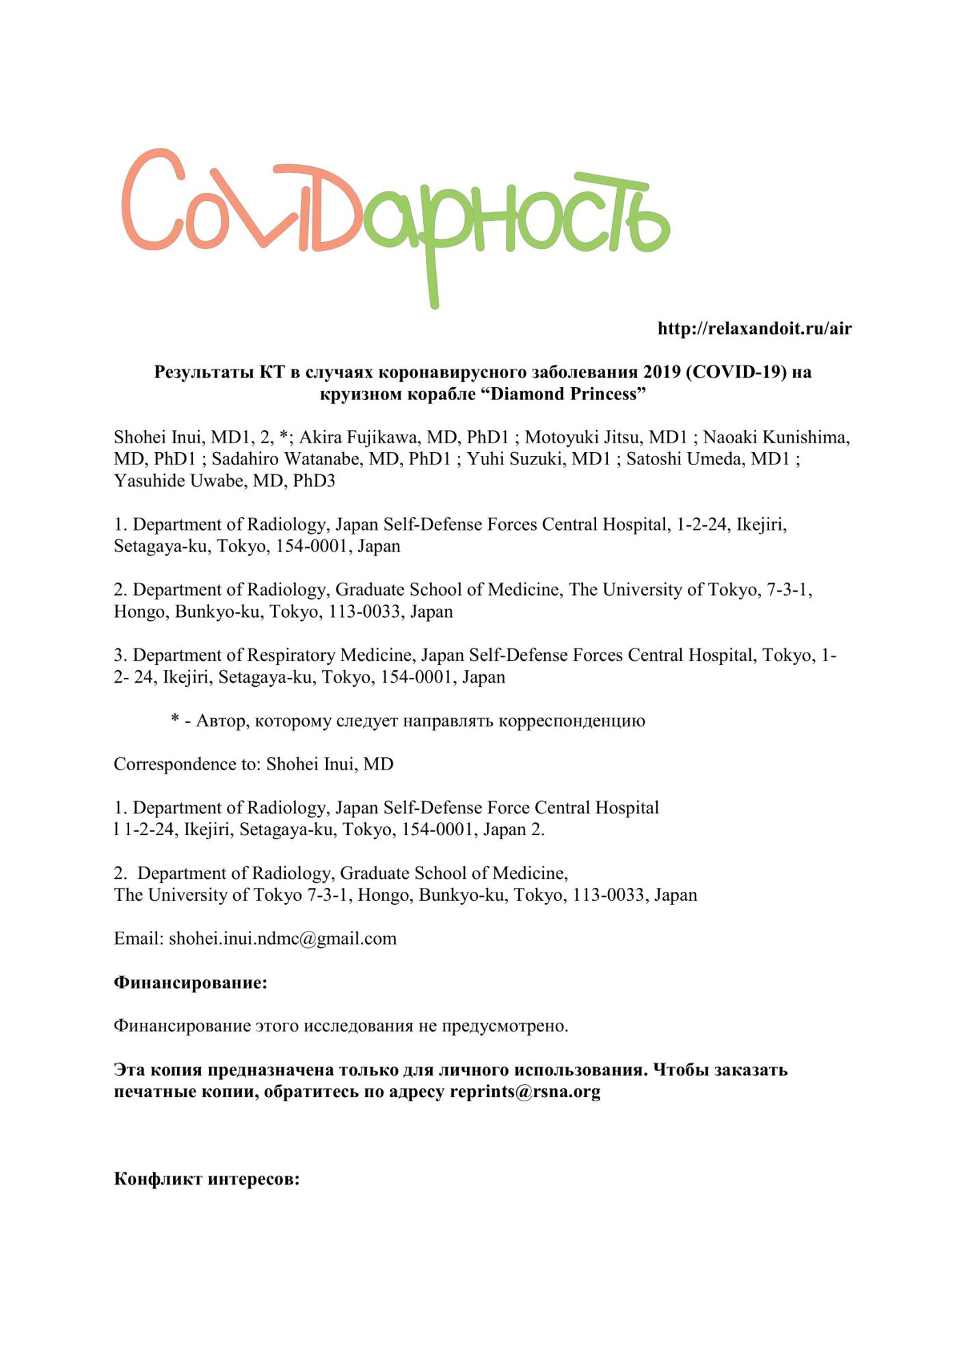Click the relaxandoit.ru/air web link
coord(754,329)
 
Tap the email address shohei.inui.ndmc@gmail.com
coord(282,938)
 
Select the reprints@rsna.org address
coord(525,1092)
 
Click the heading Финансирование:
coord(190,983)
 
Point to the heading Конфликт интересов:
coord(206,1179)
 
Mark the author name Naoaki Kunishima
coord(776,438)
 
